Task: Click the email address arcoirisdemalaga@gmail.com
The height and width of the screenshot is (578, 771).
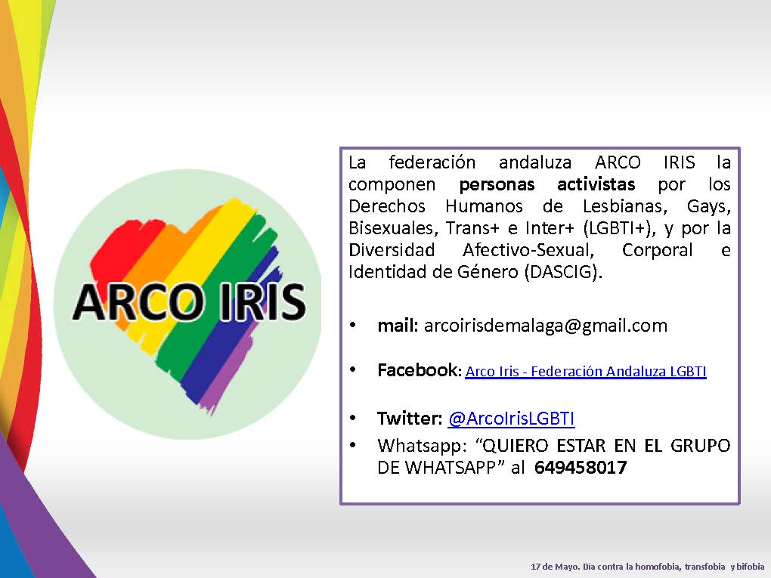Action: (546, 326)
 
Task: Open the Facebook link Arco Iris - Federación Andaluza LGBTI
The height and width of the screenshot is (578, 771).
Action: (586, 371)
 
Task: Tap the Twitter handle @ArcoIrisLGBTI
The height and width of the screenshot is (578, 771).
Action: (512, 419)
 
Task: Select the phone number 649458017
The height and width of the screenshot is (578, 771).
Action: (581, 467)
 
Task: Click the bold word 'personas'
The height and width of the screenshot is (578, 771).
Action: (497, 184)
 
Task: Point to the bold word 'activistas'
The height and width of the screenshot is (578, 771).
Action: (596, 184)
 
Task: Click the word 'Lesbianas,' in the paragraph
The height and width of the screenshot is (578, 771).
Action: (625, 206)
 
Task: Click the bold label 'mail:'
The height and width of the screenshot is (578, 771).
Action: (398, 326)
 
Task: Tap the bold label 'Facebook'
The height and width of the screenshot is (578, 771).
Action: (417, 370)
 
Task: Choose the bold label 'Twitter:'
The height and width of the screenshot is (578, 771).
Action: (410, 419)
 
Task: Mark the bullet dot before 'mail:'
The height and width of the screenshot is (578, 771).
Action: (352, 326)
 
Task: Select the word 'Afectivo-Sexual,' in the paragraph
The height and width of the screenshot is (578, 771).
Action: (528, 250)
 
